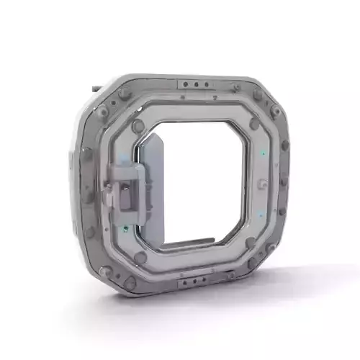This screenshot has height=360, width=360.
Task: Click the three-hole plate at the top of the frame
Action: click(195, 84)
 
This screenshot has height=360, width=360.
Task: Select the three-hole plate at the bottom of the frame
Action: click(195, 283)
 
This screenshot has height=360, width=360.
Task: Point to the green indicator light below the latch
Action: click(126, 230)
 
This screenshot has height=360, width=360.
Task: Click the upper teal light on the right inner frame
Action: click(264, 153)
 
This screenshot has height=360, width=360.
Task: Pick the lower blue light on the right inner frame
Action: click(260, 215)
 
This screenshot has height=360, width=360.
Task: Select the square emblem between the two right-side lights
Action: click(261, 183)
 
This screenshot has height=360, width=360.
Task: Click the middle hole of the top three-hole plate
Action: click(195, 84)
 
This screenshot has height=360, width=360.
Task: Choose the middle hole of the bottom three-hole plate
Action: click(195, 283)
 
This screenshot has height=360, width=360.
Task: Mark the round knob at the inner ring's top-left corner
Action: click(138, 126)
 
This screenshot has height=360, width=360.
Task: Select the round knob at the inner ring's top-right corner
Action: click(255, 124)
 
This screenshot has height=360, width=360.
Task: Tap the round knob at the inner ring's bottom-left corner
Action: click(140, 256)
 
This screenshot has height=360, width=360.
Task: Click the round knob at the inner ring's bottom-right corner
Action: click(251, 243)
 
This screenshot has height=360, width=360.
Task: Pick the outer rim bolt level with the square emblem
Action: click(285, 183)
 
